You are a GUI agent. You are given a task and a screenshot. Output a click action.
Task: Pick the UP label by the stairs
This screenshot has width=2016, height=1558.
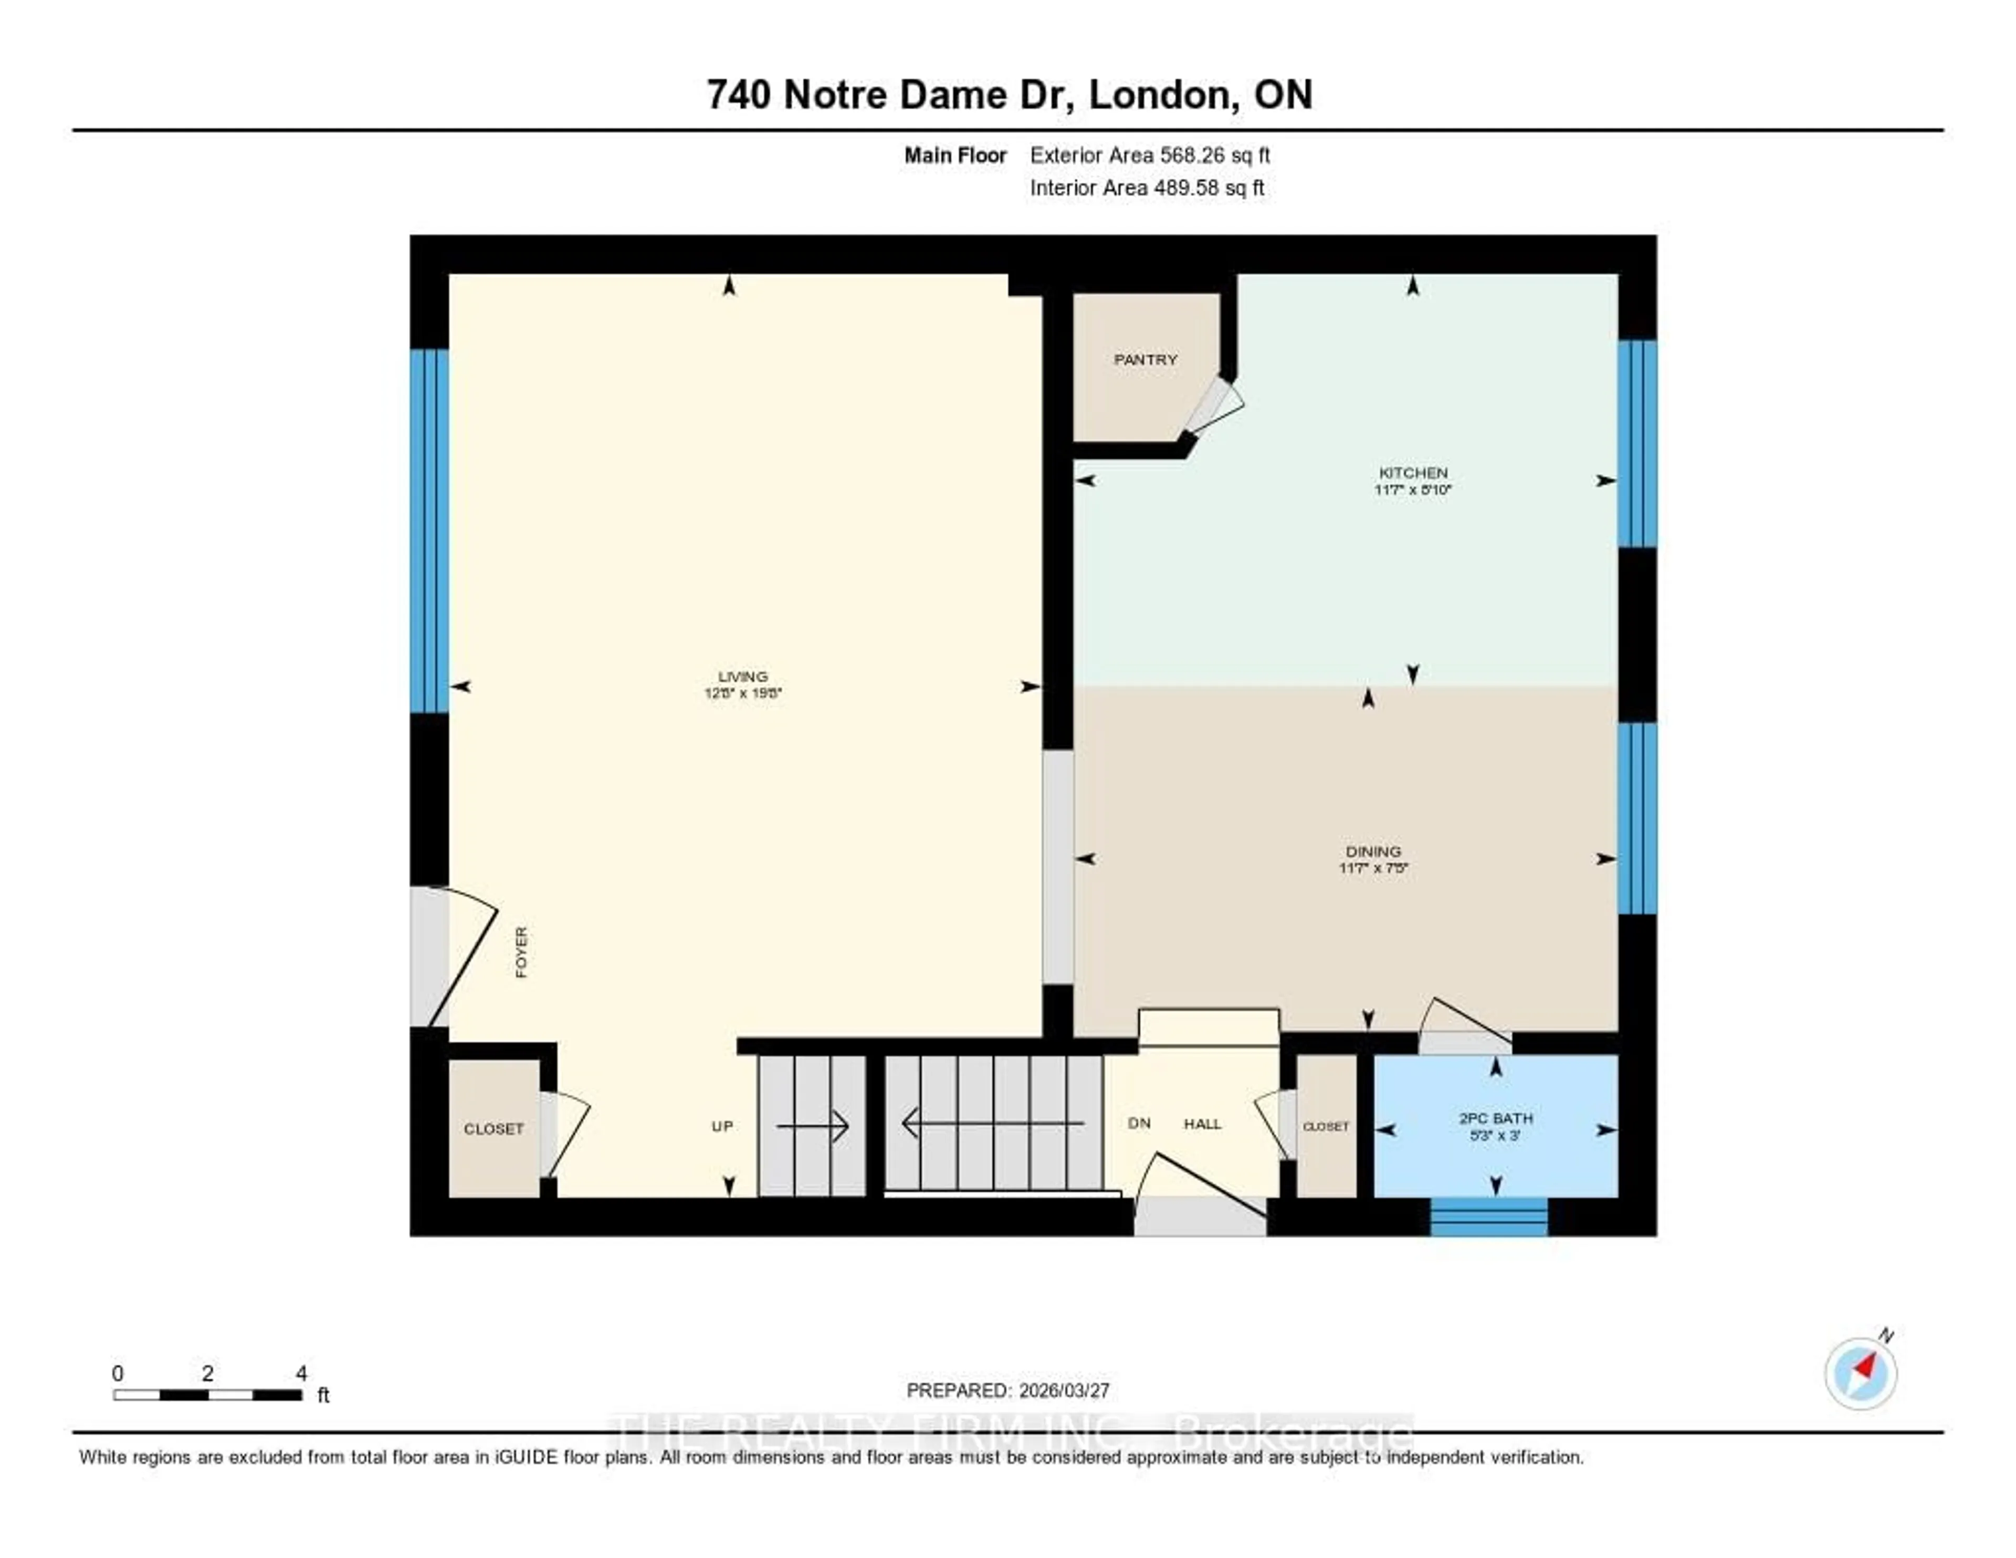point(722,1126)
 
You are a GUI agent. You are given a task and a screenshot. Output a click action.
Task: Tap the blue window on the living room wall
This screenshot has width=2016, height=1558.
point(429,531)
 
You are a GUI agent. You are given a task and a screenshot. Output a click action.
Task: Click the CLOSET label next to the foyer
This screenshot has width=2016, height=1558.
point(494,1128)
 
